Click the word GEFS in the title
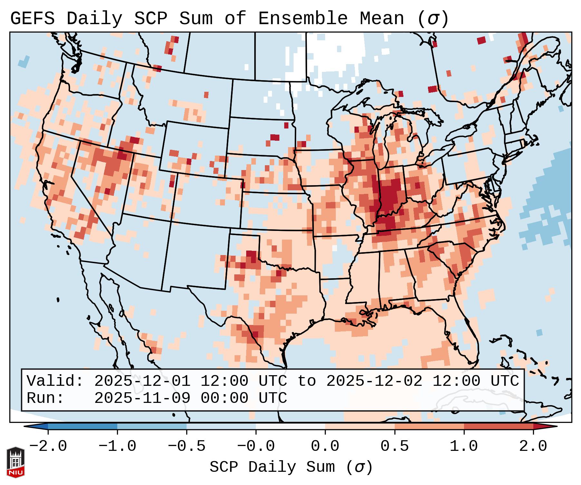coord(32,19)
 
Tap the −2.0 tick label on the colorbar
coord(48,446)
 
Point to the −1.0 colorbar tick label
coord(117,446)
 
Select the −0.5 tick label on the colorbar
coord(187,446)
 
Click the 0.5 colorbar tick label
coord(394,446)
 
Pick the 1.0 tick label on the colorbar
coord(464,446)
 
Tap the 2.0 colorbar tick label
coord(533,446)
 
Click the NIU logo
coord(15,462)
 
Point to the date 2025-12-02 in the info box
coord(374,381)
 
